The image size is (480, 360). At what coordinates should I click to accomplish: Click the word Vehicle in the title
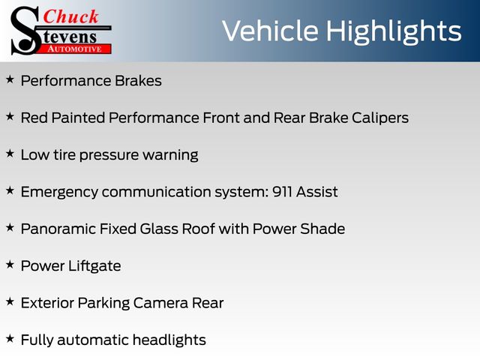click(x=270, y=31)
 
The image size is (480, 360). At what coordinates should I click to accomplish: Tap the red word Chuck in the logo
click(x=70, y=16)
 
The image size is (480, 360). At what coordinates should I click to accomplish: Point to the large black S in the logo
click(x=25, y=31)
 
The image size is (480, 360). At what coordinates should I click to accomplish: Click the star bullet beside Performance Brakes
click(x=10, y=79)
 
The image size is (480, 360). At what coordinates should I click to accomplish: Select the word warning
click(x=170, y=155)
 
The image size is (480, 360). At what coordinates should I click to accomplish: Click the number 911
click(x=282, y=192)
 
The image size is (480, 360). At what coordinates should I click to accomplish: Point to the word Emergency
click(x=59, y=193)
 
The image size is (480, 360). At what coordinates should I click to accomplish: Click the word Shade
click(x=322, y=229)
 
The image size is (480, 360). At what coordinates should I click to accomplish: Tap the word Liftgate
click(x=94, y=266)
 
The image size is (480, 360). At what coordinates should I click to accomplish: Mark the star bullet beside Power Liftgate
click(x=10, y=265)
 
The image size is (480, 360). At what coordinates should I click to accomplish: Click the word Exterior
click(x=47, y=303)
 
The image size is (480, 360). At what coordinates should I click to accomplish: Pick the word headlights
click(x=169, y=340)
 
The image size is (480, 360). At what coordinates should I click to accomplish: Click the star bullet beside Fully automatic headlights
click(x=10, y=339)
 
